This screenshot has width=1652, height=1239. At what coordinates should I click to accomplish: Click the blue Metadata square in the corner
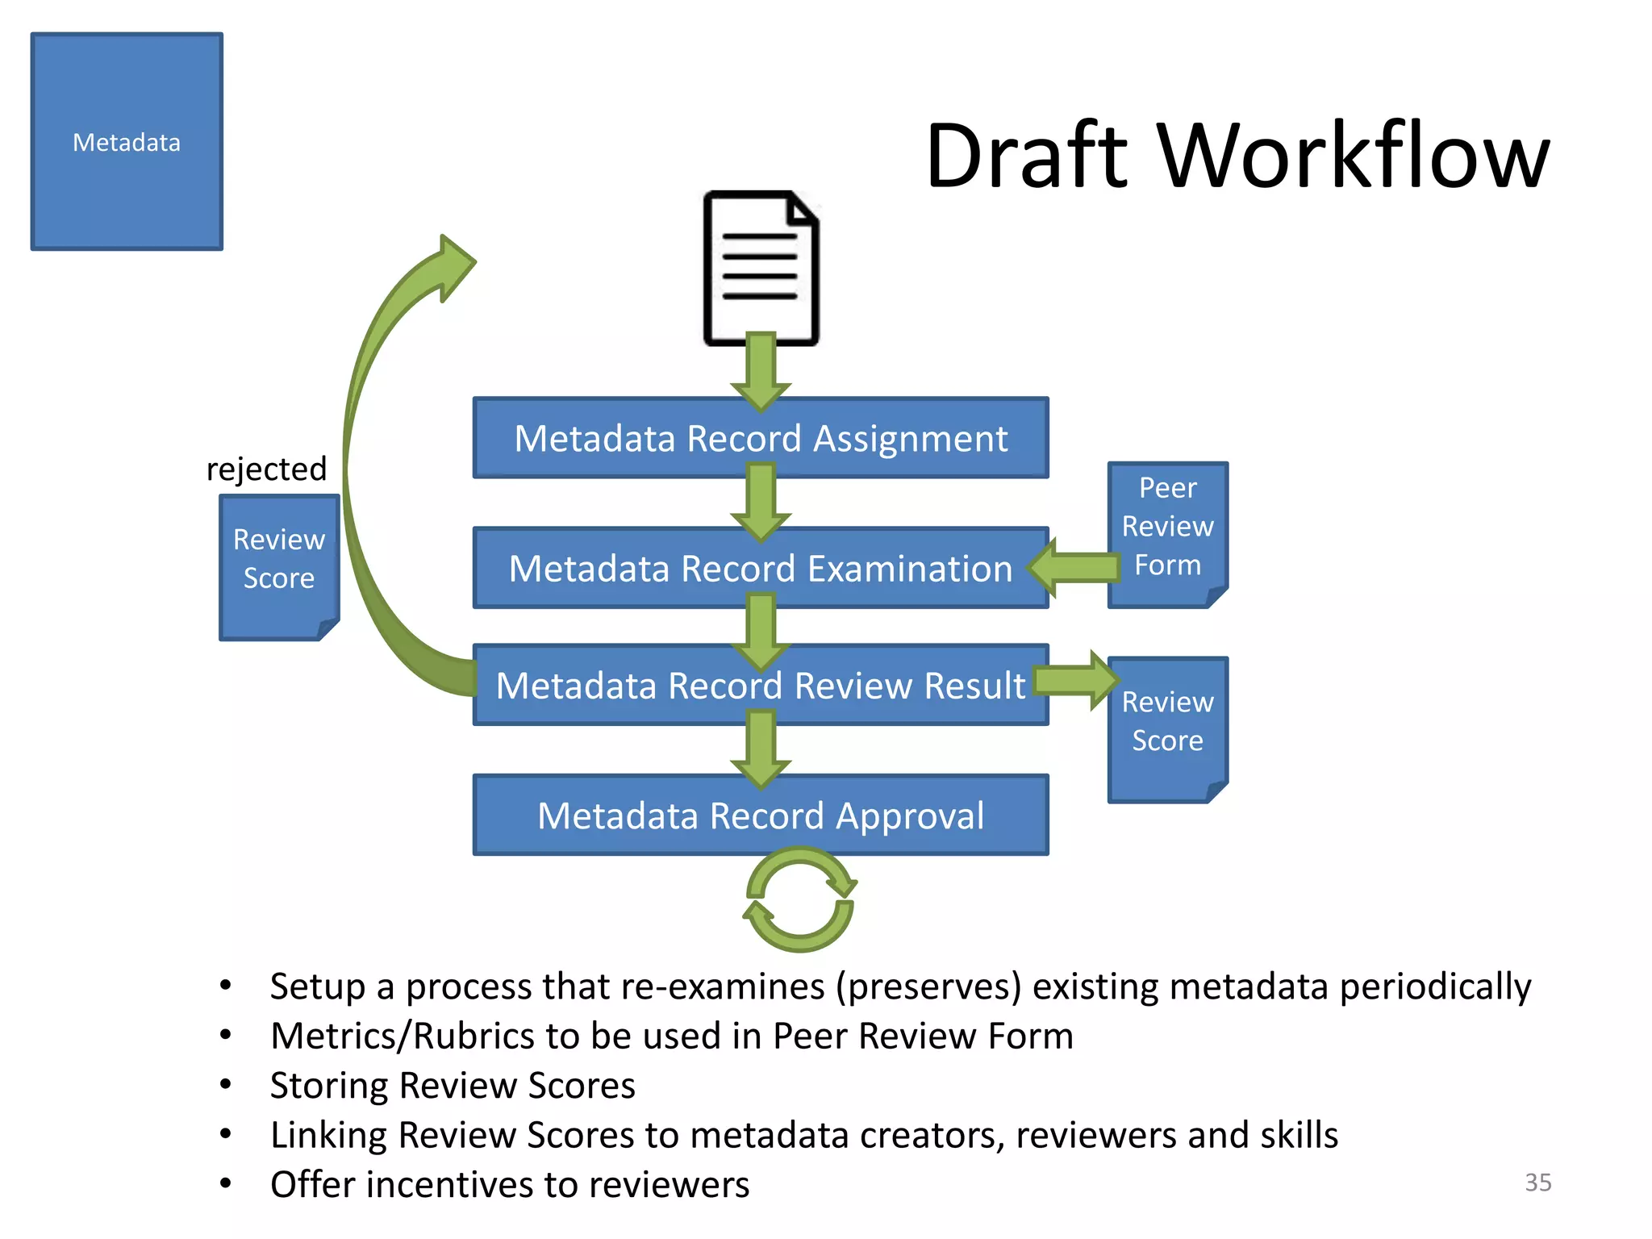(x=127, y=142)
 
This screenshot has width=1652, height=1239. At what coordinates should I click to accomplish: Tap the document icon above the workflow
(x=761, y=266)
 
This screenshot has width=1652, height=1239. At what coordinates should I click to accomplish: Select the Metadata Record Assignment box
(x=761, y=439)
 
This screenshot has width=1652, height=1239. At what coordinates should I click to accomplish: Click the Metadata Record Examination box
(x=761, y=569)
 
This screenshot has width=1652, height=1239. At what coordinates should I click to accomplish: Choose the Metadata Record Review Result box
(x=761, y=686)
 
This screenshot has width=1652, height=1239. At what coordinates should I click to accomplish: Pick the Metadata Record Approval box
(x=761, y=816)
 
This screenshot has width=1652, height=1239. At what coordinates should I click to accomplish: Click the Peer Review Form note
(x=1167, y=528)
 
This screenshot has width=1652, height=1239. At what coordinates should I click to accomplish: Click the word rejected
(x=266, y=469)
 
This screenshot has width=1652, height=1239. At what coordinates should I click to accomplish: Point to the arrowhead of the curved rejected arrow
(x=455, y=266)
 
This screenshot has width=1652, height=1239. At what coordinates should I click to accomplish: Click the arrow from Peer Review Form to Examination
(x=1077, y=568)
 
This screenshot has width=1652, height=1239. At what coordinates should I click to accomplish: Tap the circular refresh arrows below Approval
(x=799, y=899)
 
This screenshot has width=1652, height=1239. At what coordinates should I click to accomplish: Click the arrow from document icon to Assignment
(x=761, y=371)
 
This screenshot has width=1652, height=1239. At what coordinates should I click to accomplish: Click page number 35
(x=1537, y=1182)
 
